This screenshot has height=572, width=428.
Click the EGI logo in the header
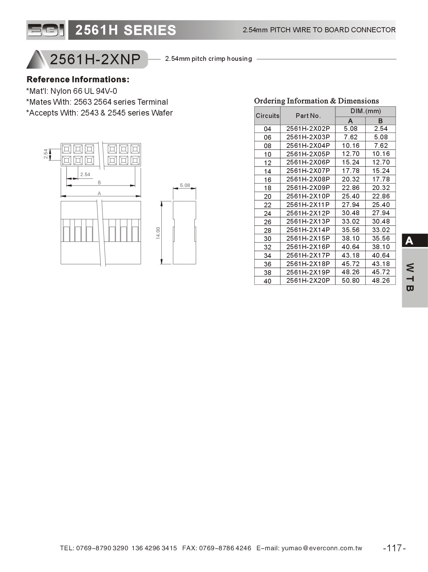46,30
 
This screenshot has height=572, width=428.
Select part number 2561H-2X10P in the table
308,196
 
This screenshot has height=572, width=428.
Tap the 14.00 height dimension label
158,233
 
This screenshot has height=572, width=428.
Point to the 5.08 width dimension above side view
185,185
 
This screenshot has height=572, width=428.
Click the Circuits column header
267,116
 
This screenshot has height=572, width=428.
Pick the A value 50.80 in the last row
350,280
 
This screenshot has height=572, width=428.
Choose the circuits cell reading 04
267,129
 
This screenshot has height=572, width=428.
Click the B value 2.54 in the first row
380,128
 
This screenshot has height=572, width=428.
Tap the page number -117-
394,548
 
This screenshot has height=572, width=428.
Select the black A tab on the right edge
414,241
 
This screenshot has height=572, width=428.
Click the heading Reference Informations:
78,80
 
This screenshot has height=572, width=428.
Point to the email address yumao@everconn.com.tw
322,548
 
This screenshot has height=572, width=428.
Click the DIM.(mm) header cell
365,111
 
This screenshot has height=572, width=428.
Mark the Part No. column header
308,116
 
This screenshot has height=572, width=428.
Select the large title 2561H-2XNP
95,59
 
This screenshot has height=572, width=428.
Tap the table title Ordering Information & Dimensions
316,101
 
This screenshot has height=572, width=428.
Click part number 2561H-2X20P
308,280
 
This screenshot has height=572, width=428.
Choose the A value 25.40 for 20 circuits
350,196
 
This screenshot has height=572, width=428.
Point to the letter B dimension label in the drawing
99,183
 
